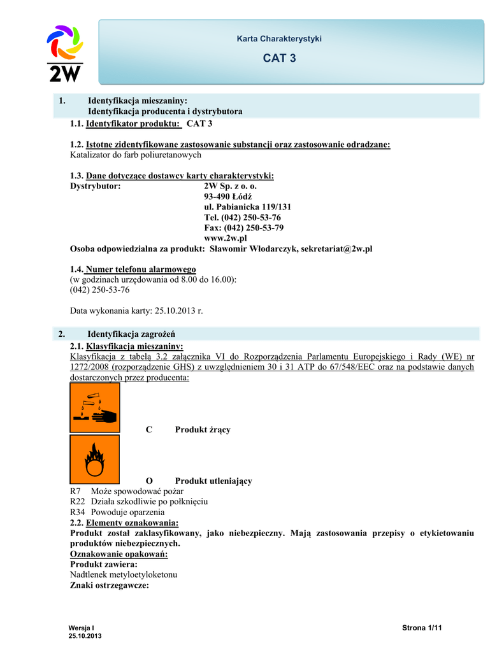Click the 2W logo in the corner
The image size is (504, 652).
coord(65,53)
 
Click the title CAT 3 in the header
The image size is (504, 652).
coord(279,59)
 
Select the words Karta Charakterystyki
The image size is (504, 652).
coord(279,39)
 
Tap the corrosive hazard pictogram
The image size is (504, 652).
coord(95,407)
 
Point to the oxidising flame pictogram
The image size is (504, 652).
coord(95,459)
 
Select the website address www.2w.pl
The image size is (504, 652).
coord(225,237)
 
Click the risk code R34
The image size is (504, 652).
coord(75,512)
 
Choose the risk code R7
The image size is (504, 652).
coord(75,491)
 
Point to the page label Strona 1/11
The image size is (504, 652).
coord(422,628)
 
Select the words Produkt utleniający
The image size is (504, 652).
coord(213,481)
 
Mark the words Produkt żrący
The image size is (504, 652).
coord(203,430)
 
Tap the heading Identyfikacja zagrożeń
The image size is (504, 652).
coord(131,334)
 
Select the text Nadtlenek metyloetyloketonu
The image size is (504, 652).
coord(124,574)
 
